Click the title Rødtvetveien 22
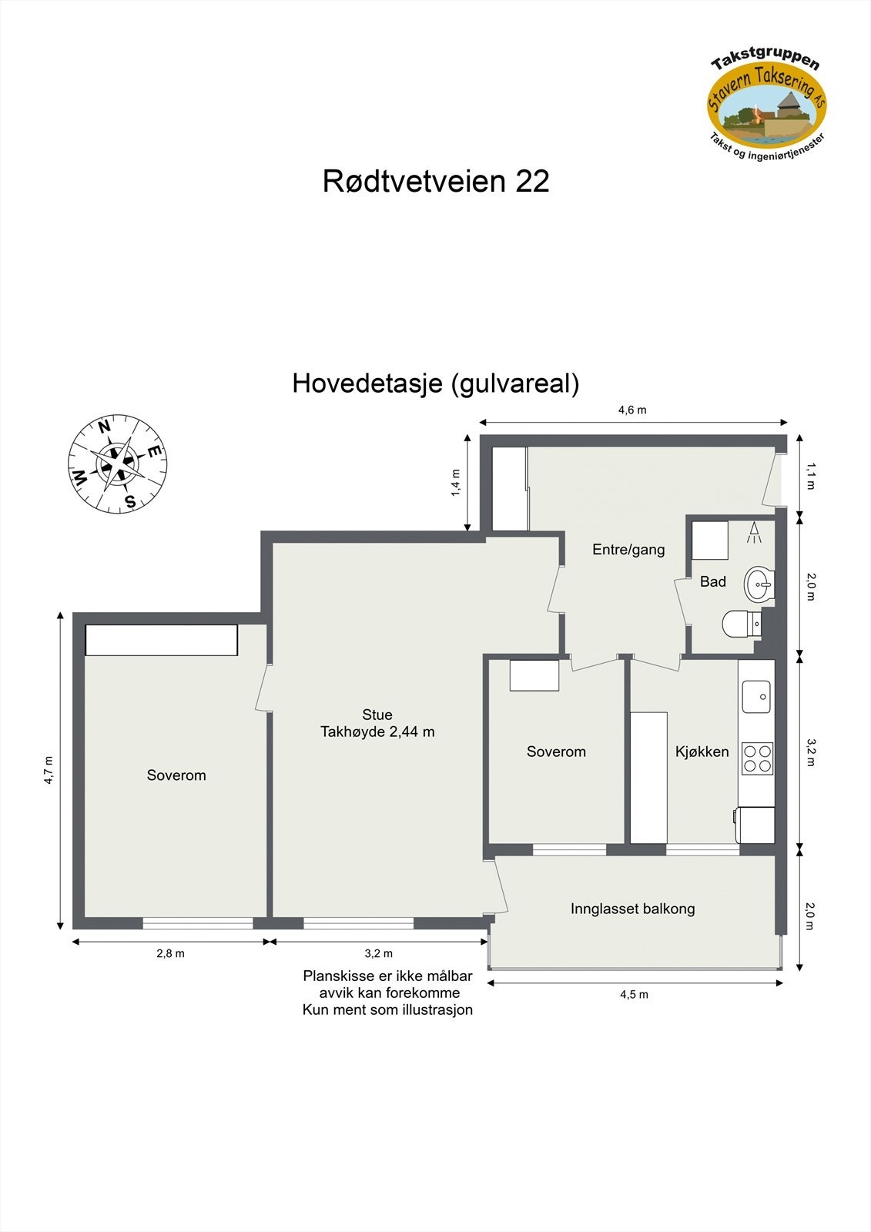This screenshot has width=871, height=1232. pos(436,182)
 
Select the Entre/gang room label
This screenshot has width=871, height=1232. pos(628,550)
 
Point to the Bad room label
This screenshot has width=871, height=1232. pos(712,582)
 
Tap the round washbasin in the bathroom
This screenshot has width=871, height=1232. pos(759,584)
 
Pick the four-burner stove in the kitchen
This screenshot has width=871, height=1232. pos(757,758)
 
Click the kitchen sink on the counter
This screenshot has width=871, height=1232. pos(756,697)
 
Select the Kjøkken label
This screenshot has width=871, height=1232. pos(702,752)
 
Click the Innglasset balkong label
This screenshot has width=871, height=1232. pos(632,909)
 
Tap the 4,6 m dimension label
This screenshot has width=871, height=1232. pos(632,410)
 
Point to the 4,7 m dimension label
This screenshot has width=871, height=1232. pos(49,769)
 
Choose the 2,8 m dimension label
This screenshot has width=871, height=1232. pos(170,953)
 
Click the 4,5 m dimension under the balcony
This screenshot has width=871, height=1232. pos(634,994)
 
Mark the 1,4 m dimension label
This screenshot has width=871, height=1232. pos(455,483)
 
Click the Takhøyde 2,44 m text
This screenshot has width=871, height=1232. pos(377,731)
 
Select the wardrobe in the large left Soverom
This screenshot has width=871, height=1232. pos(161,640)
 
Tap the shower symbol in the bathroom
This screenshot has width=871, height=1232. pos(754,533)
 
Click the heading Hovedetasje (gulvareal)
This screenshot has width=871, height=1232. pos(435,383)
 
